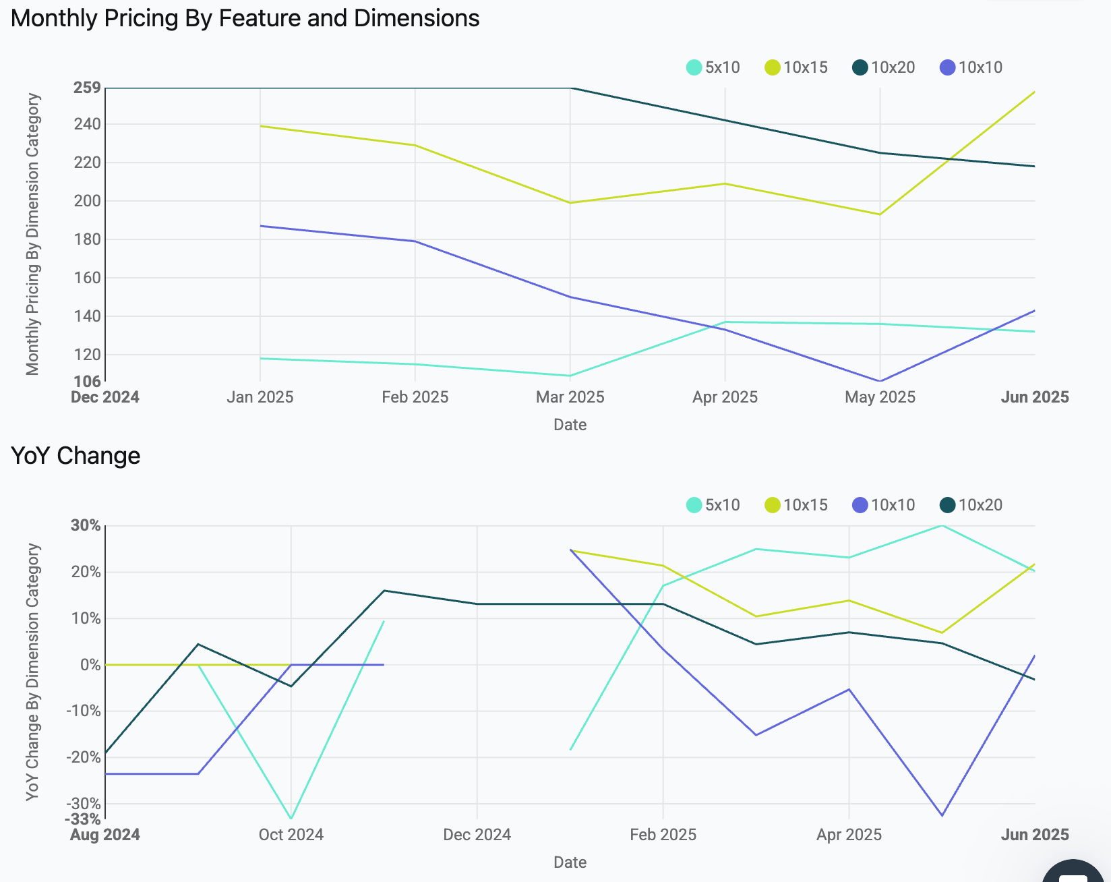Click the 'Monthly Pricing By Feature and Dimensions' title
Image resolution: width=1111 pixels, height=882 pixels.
pyautogui.click(x=245, y=18)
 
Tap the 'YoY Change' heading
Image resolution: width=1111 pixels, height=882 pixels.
pyautogui.click(x=76, y=456)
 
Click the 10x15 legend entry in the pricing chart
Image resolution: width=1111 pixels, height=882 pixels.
pyautogui.click(x=796, y=67)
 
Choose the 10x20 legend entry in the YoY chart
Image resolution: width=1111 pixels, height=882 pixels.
pyautogui.click(x=971, y=505)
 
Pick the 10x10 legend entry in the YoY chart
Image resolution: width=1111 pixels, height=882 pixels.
pyautogui.click(x=884, y=505)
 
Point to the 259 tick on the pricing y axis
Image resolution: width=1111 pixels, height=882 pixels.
pyautogui.click(x=87, y=88)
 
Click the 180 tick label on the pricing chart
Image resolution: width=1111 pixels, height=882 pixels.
pyautogui.click(x=87, y=239)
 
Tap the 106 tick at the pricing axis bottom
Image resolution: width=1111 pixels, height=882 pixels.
pyautogui.click(x=87, y=382)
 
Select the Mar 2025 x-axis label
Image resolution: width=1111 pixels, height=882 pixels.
pyautogui.click(x=570, y=397)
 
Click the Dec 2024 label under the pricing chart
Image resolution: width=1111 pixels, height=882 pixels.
pyautogui.click(x=105, y=397)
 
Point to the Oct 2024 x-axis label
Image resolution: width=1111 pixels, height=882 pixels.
pyautogui.click(x=291, y=835)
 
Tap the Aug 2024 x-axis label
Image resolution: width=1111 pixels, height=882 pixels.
pyautogui.click(x=105, y=835)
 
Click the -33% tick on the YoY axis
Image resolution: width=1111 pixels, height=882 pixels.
pyautogui.click(x=83, y=819)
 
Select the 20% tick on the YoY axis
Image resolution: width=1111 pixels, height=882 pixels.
pyautogui.click(x=86, y=572)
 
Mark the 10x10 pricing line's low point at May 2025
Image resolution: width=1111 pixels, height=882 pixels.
pyautogui.click(x=880, y=381)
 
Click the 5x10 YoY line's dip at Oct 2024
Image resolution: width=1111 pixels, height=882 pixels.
pyautogui.click(x=291, y=819)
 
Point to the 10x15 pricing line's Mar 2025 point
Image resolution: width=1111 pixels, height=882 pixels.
pyautogui.click(x=570, y=203)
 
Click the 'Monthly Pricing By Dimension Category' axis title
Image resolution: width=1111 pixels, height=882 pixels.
pyautogui.click(x=33, y=234)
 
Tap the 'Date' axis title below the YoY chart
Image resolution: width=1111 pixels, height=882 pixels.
pyautogui.click(x=570, y=862)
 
